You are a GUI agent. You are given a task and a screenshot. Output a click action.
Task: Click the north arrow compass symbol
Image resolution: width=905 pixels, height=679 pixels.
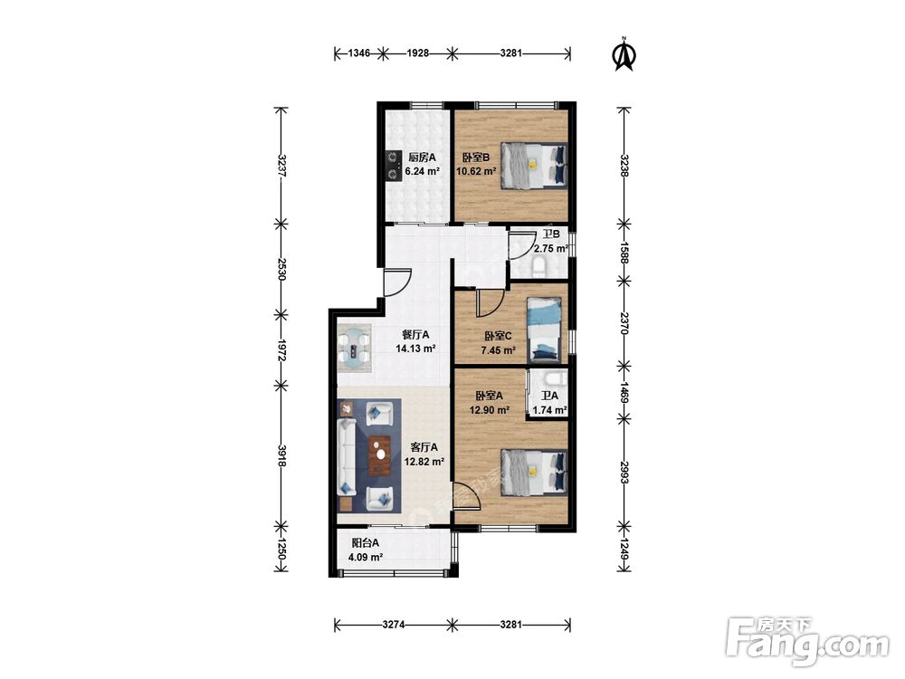tap(624, 54)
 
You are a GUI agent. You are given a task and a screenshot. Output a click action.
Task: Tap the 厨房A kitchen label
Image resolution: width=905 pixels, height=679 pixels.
tap(422, 157)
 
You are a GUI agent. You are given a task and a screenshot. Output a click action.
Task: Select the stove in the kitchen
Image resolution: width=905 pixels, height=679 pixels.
tap(394, 166)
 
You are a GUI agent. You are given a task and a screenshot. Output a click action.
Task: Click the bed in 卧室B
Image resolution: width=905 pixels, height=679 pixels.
tap(533, 165)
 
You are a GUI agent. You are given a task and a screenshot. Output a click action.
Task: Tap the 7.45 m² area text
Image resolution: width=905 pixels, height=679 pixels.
tap(498, 350)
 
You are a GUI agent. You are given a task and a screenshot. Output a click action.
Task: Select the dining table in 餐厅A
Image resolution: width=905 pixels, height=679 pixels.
tap(354, 345)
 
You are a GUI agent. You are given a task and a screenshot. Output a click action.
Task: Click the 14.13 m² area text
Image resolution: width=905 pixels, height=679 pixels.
tap(415, 349)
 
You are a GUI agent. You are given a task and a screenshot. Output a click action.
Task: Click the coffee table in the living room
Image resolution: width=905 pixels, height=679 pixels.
tap(380, 454)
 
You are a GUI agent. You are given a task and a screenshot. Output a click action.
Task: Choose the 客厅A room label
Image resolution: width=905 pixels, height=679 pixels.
tap(424, 447)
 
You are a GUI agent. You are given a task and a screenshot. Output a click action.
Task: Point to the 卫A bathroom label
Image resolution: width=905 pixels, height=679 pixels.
tap(549, 397)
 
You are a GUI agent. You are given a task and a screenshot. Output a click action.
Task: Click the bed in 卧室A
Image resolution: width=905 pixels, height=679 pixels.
tap(533, 473)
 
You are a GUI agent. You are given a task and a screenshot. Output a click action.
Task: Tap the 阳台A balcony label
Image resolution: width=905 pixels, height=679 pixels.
tap(366, 543)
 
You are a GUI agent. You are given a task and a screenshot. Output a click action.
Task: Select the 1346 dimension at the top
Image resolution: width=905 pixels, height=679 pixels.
tap(359, 53)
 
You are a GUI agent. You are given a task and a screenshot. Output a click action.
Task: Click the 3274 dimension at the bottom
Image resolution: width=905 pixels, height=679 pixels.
tap(393, 624)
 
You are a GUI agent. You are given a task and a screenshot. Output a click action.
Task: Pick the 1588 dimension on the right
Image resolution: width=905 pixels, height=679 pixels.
tap(624, 253)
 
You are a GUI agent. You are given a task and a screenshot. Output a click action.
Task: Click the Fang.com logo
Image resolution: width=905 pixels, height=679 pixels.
tap(807, 642)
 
